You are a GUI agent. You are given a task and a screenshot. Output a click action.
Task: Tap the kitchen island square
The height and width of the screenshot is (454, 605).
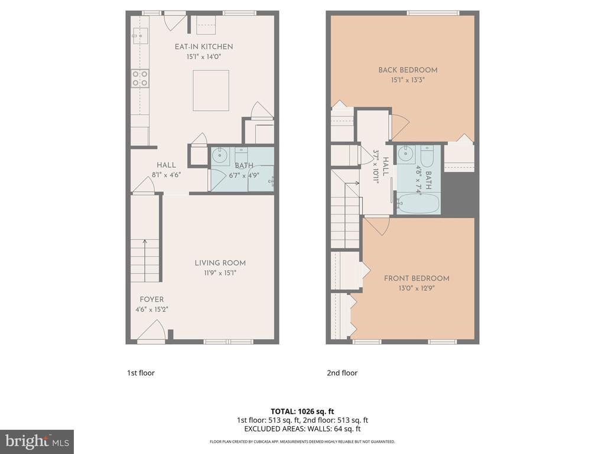(211, 90)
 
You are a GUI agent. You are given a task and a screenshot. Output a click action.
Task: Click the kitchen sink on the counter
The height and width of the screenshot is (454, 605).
(140, 36)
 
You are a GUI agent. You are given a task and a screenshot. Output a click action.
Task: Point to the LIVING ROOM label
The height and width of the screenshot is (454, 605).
(220, 263)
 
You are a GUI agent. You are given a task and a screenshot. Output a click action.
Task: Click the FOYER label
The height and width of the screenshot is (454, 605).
(152, 300)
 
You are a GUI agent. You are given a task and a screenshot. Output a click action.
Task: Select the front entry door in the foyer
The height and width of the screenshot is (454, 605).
(151, 331)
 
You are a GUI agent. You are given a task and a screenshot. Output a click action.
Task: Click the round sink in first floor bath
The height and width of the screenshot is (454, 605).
(220, 157)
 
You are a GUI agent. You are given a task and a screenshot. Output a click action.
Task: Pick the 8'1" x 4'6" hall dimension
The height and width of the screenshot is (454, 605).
(166, 174)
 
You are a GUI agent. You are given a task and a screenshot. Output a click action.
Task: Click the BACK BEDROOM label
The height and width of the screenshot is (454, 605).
(408, 70)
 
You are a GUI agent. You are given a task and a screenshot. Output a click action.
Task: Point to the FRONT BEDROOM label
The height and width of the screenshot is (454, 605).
(417, 278)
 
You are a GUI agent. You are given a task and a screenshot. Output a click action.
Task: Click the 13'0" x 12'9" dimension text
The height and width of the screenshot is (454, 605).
(417, 288)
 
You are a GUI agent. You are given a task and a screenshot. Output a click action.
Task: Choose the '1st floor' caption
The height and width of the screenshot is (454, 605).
(141, 373)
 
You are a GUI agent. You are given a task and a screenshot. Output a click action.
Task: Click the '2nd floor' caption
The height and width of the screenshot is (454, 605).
(342, 373)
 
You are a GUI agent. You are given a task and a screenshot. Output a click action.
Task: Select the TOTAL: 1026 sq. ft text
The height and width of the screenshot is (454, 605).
(302, 411)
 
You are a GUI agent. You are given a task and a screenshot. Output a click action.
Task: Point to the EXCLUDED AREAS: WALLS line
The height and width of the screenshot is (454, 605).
(302, 429)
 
